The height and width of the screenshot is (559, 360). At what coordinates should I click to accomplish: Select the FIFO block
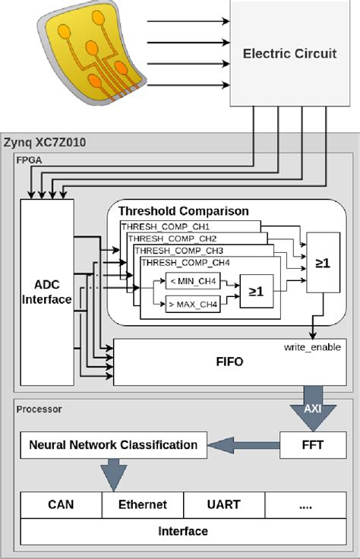[x=229, y=362]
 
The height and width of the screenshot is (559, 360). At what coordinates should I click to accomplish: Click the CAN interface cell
[x=60, y=504]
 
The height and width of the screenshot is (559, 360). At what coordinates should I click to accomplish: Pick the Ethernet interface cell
[x=142, y=504]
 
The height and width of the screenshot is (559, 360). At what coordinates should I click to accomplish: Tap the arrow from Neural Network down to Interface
[x=112, y=474]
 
